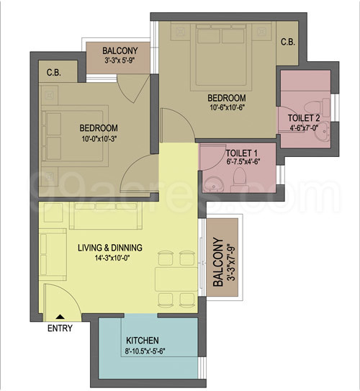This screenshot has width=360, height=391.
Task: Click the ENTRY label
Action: click(x=59, y=329)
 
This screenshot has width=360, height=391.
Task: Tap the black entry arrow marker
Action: click(x=58, y=315)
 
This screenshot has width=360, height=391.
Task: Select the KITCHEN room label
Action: click(x=142, y=341)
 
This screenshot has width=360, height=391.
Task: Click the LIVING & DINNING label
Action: click(x=109, y=248)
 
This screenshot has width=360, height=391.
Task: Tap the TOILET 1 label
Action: click(x=241, y=153)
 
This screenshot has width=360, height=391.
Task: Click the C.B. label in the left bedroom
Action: click(x=53, y=73)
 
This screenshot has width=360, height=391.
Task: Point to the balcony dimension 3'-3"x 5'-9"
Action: click(x=120, y=62)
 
